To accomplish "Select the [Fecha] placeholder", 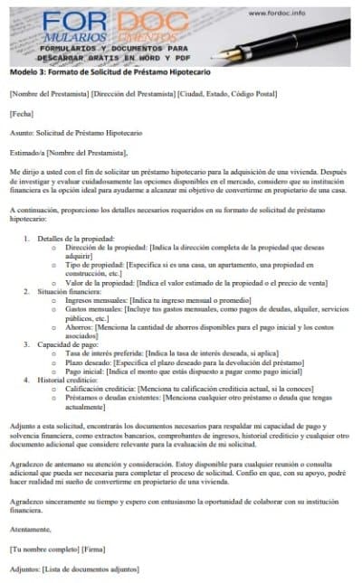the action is (20, 114).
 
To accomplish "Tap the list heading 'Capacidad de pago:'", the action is (66, 343).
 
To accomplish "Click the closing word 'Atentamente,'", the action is (30, 530).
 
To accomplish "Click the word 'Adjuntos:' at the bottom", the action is (25, 569).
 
